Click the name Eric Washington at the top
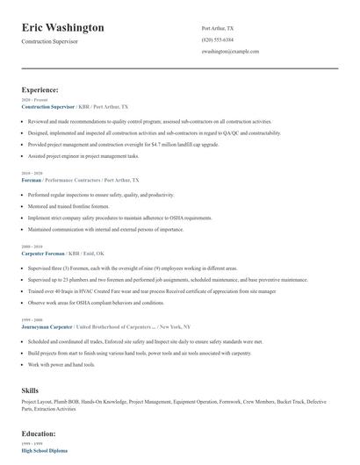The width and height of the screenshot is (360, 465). (62, 27)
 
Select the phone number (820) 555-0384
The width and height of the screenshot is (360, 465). (218, 40)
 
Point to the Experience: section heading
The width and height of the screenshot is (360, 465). (40, 89)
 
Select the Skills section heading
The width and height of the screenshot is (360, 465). (31, 389)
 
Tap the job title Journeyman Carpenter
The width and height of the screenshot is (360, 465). (47, 325)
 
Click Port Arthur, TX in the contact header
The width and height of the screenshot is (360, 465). (219, 28)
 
